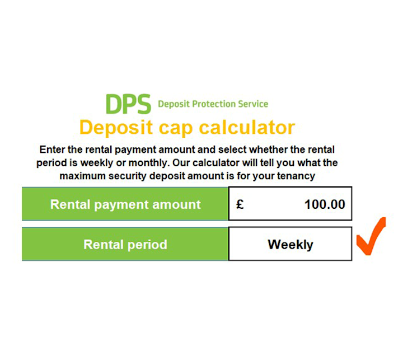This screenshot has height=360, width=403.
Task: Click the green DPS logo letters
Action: (128, 104)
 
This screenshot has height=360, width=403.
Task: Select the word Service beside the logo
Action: (253, 104)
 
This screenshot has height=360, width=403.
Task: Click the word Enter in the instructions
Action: (52, 150)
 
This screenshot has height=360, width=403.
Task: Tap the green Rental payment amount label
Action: (125, 204)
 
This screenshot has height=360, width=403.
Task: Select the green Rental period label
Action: (125, 244)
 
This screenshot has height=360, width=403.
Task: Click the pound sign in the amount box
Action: (240, 204)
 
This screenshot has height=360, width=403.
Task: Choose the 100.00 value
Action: (325, 204)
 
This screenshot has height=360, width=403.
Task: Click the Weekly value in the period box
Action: (290, 244)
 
